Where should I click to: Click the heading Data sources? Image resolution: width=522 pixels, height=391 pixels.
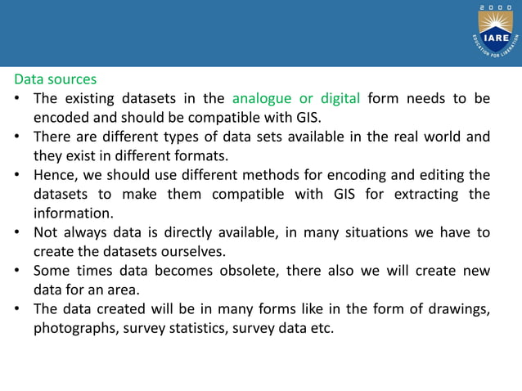point(55,80)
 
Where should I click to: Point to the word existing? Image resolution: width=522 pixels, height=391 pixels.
point(89,99)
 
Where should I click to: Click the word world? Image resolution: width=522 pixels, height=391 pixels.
point(430,137)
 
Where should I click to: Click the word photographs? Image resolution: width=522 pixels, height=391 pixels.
point(75,328)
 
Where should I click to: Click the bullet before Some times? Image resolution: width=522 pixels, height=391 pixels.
point(17,270)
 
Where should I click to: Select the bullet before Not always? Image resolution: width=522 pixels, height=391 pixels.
point(17,232)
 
